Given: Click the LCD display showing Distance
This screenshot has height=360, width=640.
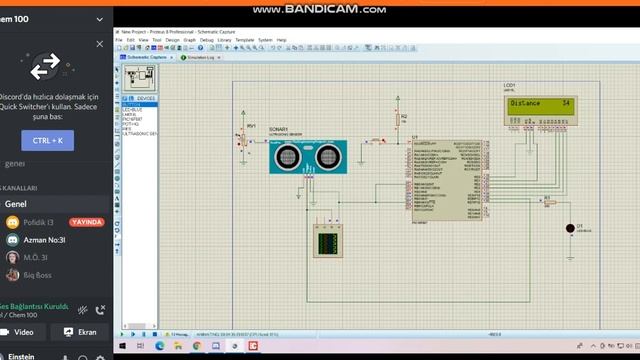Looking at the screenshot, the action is (x=540, y=105).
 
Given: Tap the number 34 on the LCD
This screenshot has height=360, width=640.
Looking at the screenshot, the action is (x=566, y=103).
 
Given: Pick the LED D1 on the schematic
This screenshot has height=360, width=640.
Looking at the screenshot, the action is (x=570, y=228).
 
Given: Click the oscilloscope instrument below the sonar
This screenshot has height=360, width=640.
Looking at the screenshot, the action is (x=328, y=240).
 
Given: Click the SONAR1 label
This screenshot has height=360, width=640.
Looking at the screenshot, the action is (x=277, y=128).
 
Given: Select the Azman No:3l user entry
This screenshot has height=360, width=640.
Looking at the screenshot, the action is (x=44, y=240).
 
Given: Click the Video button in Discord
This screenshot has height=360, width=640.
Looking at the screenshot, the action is (x=25, y=331).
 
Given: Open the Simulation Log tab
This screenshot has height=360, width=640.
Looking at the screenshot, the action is (x=202, y=57).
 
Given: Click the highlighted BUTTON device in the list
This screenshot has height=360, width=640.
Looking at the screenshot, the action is (x=136, y=103).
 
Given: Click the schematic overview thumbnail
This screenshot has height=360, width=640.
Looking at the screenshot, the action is (x=143, y=77).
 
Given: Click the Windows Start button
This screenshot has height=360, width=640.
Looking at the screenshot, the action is (x=124, y=345).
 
